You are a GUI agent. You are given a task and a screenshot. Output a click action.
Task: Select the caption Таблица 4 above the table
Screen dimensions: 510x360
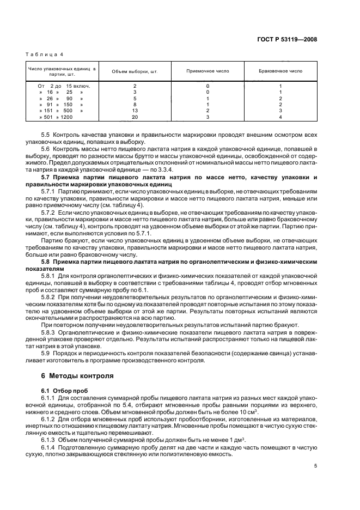(x=45, y=54)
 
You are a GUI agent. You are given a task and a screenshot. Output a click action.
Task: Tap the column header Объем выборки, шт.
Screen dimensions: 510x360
(x=135, y=71)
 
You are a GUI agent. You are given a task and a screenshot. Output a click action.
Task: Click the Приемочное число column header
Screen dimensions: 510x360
(x=208, y=71)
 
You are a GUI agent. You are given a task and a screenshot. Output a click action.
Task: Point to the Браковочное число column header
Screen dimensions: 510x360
(x=280, y=71)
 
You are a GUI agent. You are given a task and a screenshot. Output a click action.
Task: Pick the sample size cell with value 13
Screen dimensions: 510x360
(x=135, y=111)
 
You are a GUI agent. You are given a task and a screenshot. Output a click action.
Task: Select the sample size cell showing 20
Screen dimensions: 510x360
(x=135, y=117)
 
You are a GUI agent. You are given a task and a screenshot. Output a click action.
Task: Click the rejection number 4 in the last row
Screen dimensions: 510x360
(x=280, y=117)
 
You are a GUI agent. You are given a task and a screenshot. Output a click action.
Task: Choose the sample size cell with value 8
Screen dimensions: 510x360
(x=135, y=105)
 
